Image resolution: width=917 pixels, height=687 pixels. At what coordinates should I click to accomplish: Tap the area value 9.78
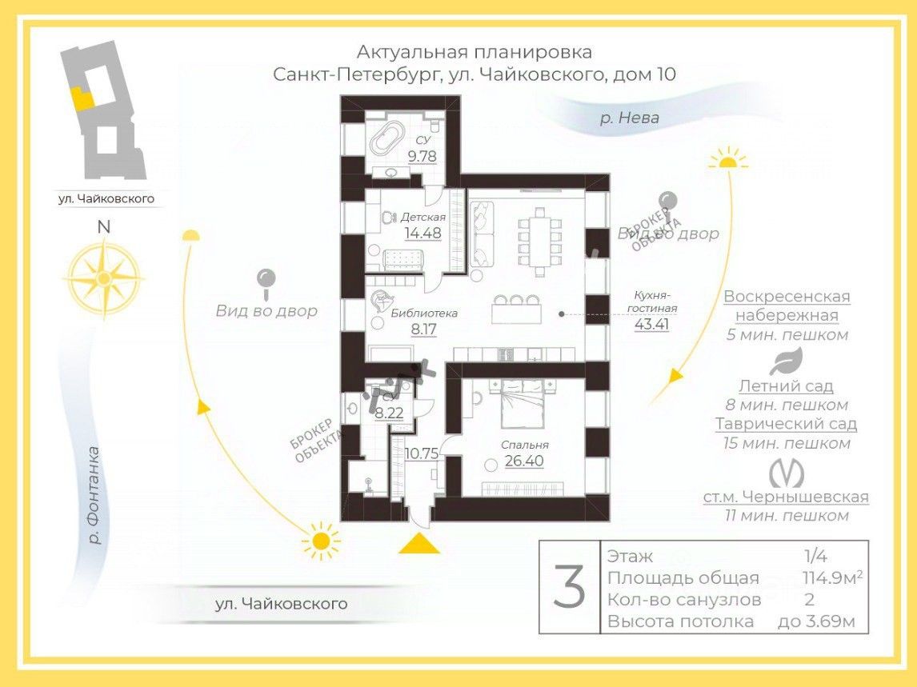point(422,156)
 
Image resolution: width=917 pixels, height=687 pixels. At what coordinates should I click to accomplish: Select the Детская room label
point(423,217)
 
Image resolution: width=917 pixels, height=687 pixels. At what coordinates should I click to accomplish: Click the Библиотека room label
point(424,313)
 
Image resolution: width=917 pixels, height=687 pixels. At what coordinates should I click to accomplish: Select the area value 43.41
point(651,324)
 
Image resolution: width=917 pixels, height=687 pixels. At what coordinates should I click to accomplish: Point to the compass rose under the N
point(103,276)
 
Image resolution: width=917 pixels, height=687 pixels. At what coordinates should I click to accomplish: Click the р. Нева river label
point(630,118)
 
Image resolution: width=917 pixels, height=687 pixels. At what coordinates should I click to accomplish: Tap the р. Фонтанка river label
point(94,495)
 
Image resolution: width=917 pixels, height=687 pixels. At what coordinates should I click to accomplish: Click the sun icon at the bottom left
point(321,541)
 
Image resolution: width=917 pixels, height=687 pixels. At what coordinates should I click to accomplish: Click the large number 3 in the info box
point(570,587)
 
